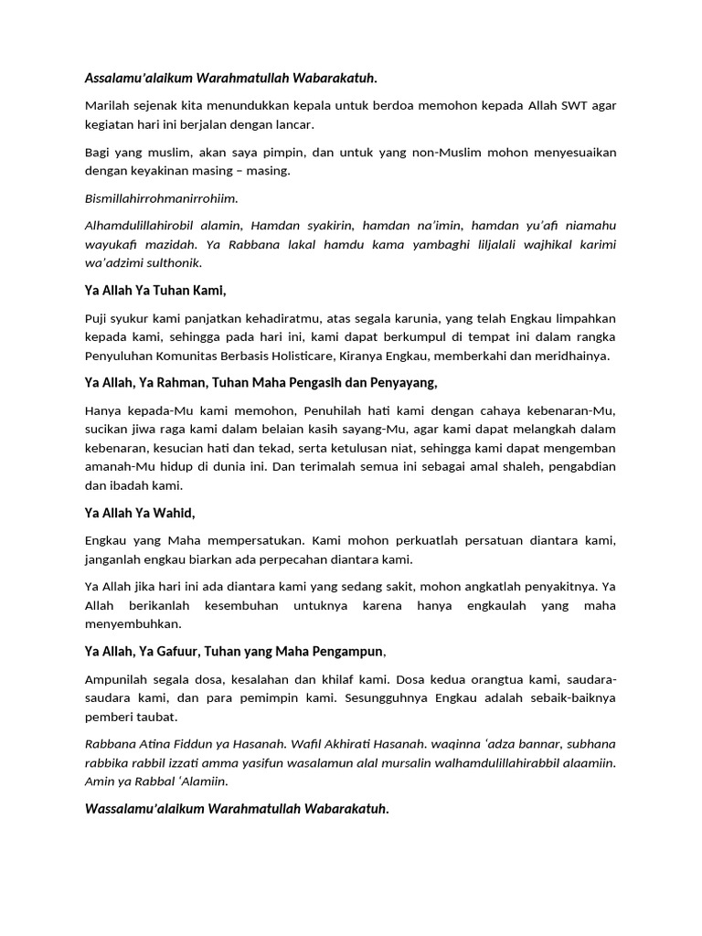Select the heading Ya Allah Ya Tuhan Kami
pos(154,291)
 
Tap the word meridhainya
pos(569,356)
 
